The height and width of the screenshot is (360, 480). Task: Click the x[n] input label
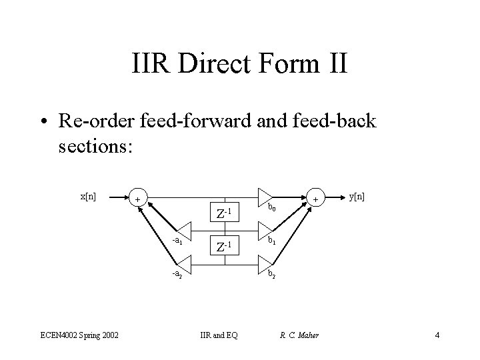(88, 197)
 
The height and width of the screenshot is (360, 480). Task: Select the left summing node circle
(137, 199)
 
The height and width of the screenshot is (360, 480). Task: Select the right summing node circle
(315, 199)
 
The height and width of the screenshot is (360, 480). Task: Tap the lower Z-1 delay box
(224, 245)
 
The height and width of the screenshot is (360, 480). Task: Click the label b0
(272, 209)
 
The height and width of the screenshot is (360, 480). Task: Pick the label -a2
(177, 273)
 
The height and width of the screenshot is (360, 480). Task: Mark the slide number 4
(437, 335)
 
